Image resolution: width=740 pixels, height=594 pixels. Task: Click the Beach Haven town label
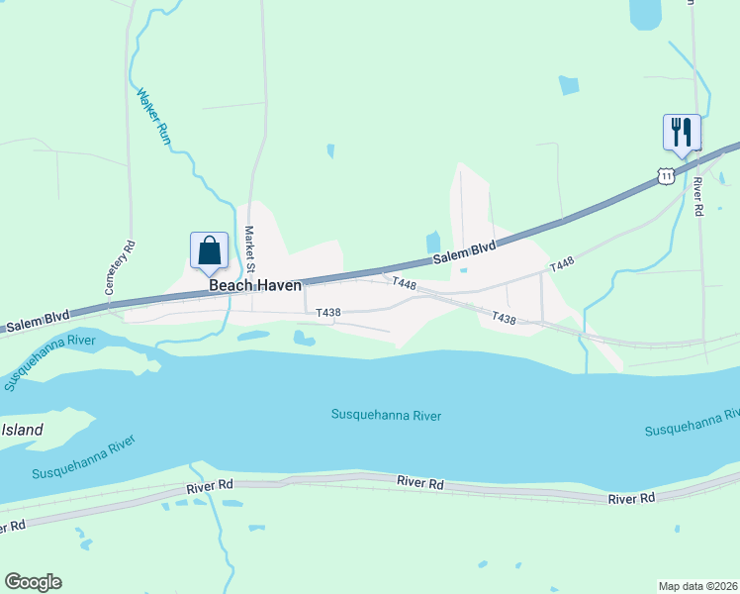tap(254, 285)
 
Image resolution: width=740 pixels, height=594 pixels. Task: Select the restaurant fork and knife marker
tap(682, 132)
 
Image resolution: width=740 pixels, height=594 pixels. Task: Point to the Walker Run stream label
tap(153, 118)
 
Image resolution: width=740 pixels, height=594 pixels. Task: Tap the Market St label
tap(250, 250)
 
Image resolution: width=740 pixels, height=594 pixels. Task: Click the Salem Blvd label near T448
tap(464, 253)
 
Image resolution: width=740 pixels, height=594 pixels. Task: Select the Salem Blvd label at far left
tap(37, 321)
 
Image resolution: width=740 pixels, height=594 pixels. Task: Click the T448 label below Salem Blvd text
tap(403, 282)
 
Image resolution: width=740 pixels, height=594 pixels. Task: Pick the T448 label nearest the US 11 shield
tap(561, 264)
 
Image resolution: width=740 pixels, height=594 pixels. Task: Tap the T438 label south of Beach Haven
tap(328, 313)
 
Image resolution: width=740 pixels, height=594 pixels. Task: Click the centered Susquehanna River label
tap(386, 416)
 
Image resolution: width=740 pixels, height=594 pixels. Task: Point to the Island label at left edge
tap(22, 430)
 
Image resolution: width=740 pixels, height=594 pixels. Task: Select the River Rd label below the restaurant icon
tap(697, 196)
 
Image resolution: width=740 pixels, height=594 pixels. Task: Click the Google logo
tap(33, 582)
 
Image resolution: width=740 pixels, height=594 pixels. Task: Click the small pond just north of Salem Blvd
tap(432, 242)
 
